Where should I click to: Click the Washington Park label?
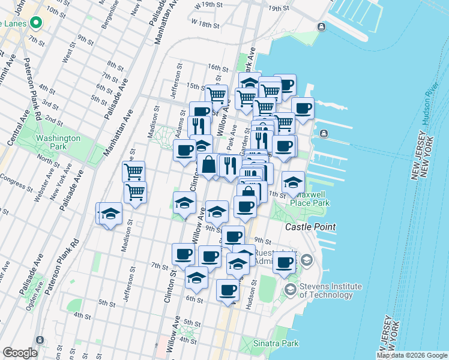click(x=58, y=142)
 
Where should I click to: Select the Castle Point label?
click(x=310, y=227)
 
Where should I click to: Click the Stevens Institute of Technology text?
click(x=327, y=290)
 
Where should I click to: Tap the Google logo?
click(x=19, y=353)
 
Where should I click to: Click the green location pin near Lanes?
click(x=36, y=23)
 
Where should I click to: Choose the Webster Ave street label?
click(x=40, y=188)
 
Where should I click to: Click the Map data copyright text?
click(x=412, y=355)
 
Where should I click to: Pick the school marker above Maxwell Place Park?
click(x=293, y=182)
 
